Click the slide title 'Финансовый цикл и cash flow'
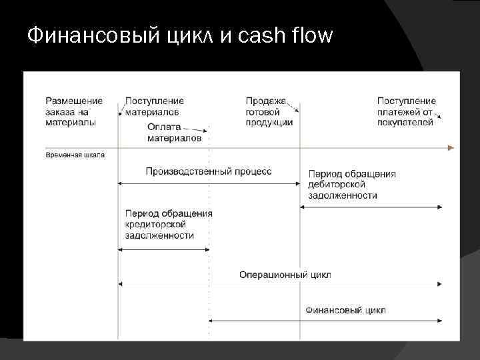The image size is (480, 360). tap(179, 34)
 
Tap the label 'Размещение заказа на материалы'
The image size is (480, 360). tap(73, 111)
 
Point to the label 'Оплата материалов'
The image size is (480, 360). tap(173, 133)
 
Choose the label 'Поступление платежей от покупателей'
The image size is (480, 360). tap(406, 111)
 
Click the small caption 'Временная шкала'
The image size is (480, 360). tap(75, 155)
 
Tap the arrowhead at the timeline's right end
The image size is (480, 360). tap(451, 147)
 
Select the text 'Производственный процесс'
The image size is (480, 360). tap(209, 171)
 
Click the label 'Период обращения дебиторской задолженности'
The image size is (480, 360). tap(351, 185)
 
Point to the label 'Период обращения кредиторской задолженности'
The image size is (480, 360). tap(169, 224)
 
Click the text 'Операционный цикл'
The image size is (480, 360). tap(285, 275)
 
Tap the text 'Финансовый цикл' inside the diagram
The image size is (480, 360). tap(345, 310)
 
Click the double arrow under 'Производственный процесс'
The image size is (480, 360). tap(209, 182)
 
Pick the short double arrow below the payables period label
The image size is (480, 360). tap(163, 249)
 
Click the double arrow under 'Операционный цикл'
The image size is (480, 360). tap(280, 284)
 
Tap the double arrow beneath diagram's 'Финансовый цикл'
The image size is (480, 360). tap(325, 320)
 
